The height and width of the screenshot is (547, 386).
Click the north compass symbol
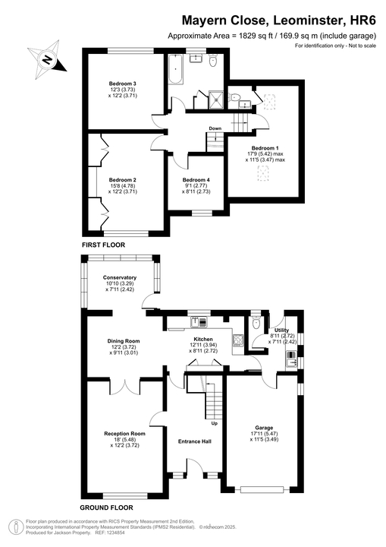point(47,58)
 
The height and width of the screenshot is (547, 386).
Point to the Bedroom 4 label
point(196,180)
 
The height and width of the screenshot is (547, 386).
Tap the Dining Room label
point(123,340)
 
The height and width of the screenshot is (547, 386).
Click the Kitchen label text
point(203,340)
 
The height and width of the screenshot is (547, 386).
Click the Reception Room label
point(124,434)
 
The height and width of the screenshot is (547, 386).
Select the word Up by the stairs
point(214,423)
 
